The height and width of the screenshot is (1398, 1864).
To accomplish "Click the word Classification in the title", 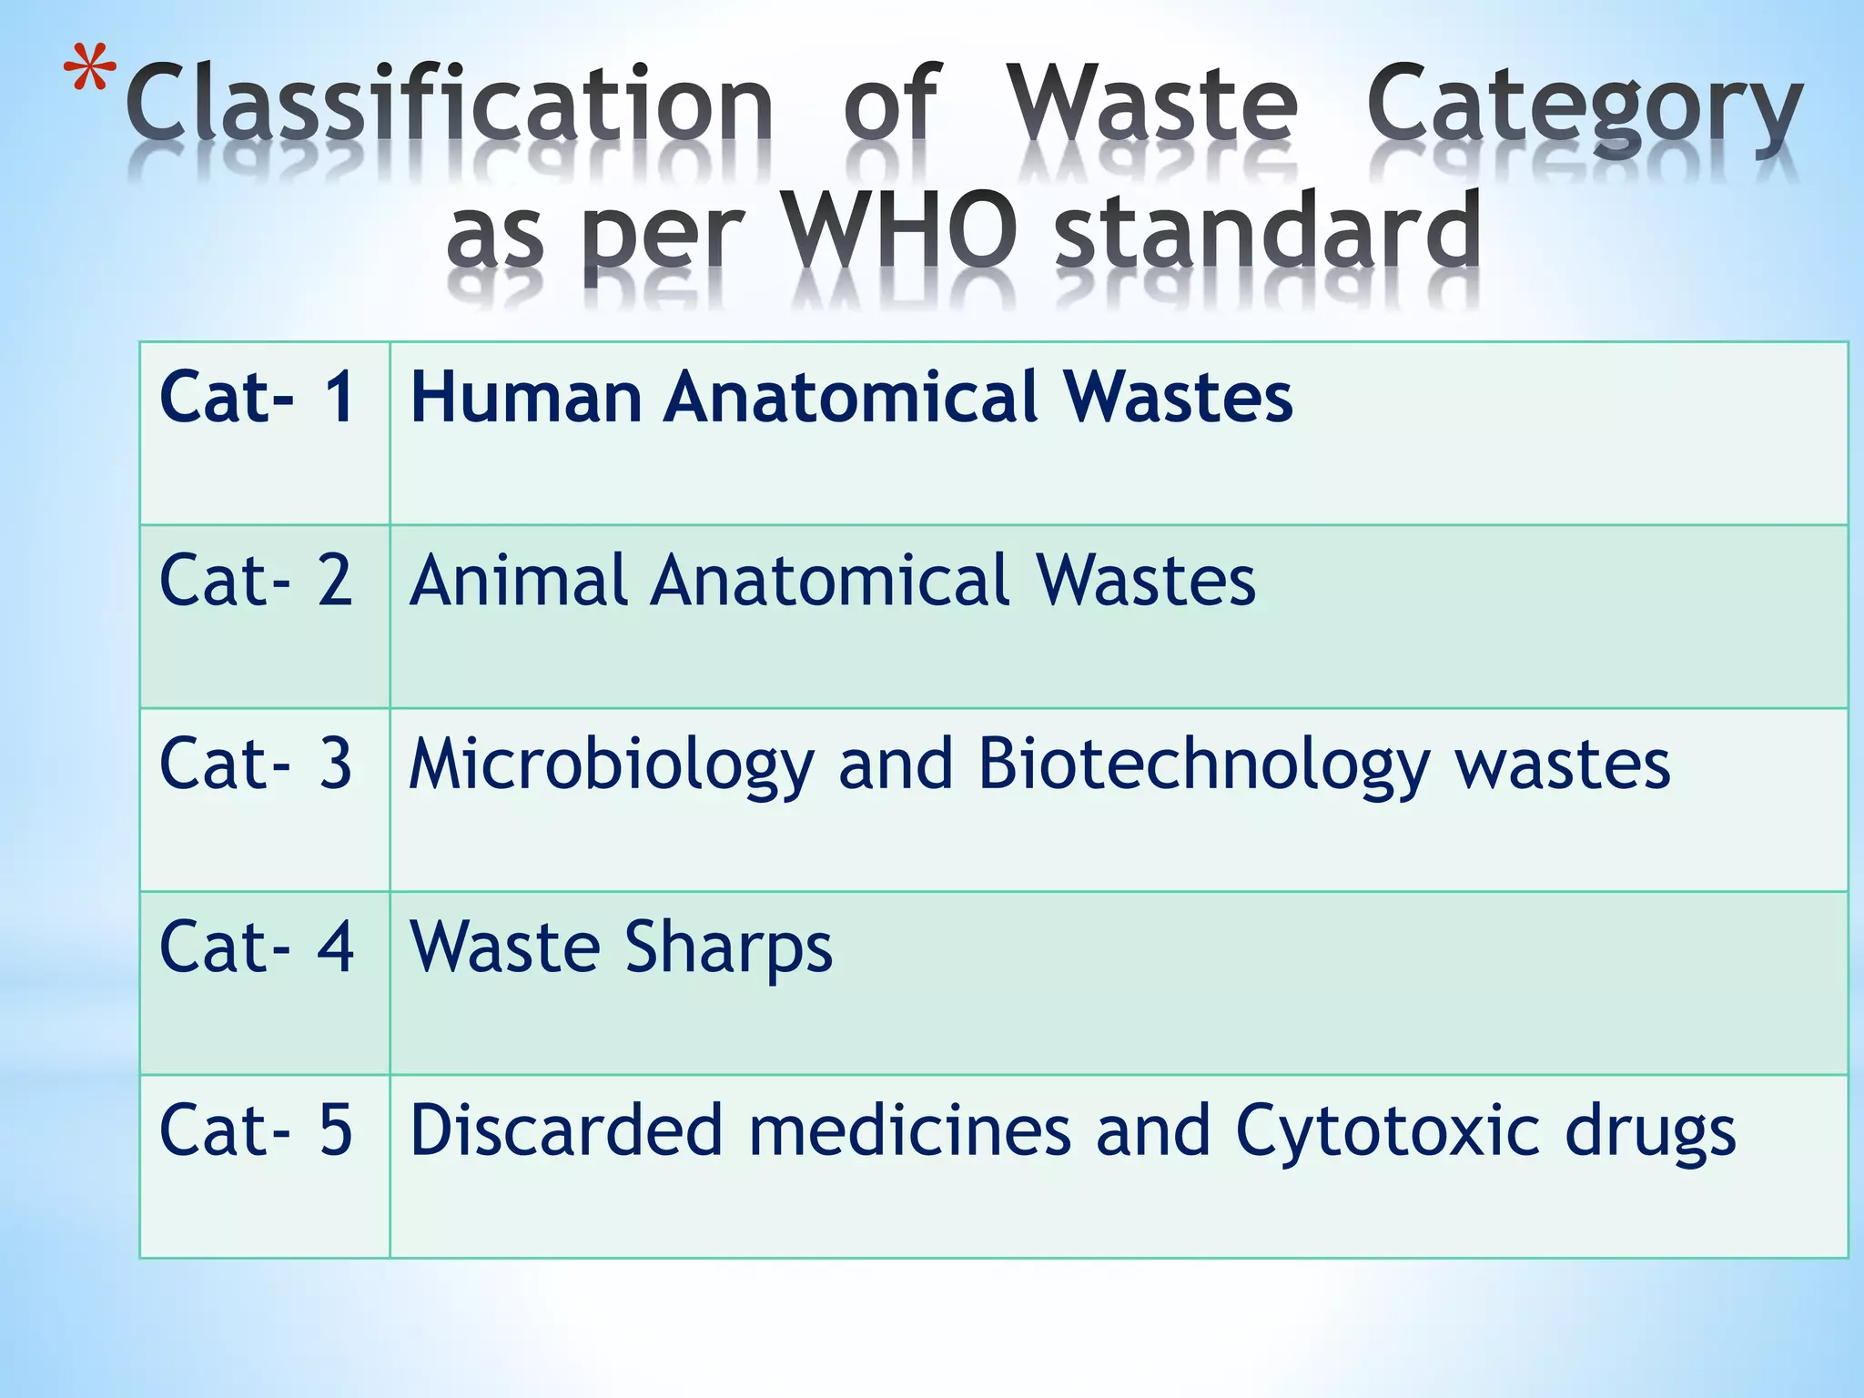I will point(450,106).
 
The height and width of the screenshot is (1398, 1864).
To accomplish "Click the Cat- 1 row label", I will point(257,397).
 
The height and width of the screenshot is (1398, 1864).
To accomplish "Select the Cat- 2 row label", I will point(257,581).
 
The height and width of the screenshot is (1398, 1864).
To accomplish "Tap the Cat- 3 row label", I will point(257,764).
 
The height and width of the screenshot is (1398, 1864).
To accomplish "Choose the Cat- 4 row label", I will point(257,947).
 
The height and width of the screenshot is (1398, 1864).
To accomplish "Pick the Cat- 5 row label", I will point(257,1130).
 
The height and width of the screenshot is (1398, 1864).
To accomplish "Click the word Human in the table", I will point(526,397).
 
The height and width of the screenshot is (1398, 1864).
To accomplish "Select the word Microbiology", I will point(611,765).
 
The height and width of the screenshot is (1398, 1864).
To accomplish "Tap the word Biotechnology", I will point(1203,765).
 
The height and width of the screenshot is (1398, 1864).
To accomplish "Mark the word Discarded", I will point(566,1130).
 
